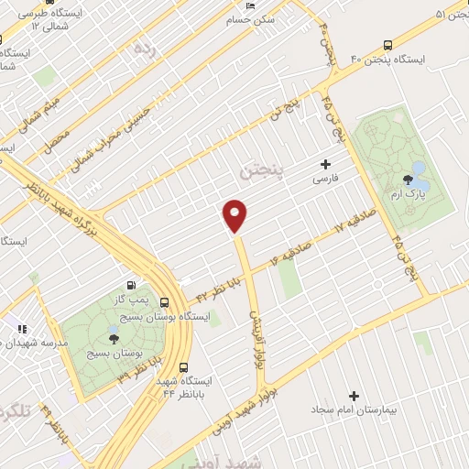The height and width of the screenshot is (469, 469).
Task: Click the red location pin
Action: pos(235,215)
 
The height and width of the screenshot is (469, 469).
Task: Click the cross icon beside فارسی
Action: pos(325,165)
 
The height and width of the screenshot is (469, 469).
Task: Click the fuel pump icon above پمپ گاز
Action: pos(136,286)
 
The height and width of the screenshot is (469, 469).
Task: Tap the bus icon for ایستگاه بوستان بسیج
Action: pos(164,302)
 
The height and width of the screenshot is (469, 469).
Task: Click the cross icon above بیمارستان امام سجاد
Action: pos(354,396)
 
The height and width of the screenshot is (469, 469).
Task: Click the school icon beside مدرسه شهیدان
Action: pos(20,328)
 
